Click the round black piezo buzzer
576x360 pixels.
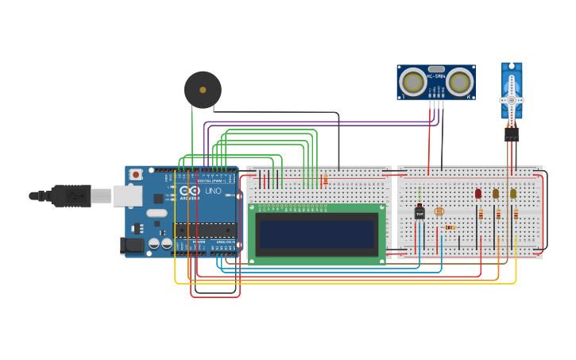203,90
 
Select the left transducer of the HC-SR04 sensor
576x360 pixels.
412,81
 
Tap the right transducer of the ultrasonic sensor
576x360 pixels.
459,81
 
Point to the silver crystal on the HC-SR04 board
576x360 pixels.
436,70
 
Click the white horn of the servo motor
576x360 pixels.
512,101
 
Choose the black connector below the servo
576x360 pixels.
512,135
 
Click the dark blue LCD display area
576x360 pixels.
316,234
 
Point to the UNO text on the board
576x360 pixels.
214,191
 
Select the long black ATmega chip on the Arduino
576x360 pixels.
205,230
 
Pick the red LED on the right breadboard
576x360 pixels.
478,193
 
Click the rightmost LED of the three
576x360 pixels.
513,193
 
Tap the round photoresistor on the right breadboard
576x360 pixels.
439,212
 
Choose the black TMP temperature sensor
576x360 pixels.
419,212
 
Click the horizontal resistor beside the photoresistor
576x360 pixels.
450,227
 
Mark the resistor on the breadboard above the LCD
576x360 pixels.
325,180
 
